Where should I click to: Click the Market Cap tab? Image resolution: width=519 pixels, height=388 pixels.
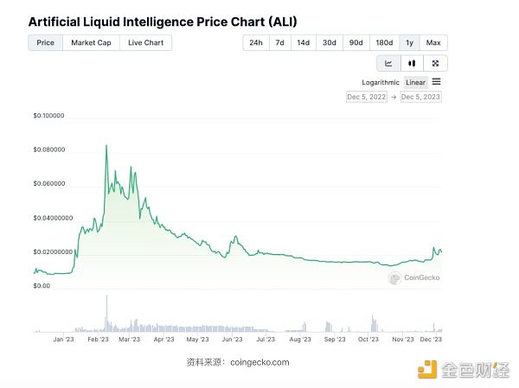pos(90,42)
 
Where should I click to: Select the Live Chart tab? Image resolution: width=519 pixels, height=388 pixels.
pos(144,42)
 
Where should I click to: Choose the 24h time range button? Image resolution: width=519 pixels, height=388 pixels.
pos(256,42)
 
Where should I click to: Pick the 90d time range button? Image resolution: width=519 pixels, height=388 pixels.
pos(355,42)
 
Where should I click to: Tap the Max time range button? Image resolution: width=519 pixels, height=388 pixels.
pos(433,42)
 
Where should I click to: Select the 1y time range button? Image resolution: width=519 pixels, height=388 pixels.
pos(408,42)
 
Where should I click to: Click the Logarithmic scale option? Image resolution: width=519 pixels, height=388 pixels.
pos(381,82)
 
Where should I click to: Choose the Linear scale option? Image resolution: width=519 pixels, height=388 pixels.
pos(416,82)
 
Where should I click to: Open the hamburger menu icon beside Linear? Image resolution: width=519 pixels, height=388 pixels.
pos(436,82)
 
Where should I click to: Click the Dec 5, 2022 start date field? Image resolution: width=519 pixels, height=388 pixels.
pos(366,97)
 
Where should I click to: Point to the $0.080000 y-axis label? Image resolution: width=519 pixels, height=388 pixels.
pos(49,149)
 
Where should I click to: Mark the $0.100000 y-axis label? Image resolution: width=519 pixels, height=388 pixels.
pos(49,116)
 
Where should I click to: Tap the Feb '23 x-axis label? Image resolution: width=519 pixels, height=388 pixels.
pos(98,340)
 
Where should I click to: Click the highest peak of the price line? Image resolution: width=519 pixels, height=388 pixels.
pos(106,146)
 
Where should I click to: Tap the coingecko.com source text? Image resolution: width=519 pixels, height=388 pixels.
pos(260,362)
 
